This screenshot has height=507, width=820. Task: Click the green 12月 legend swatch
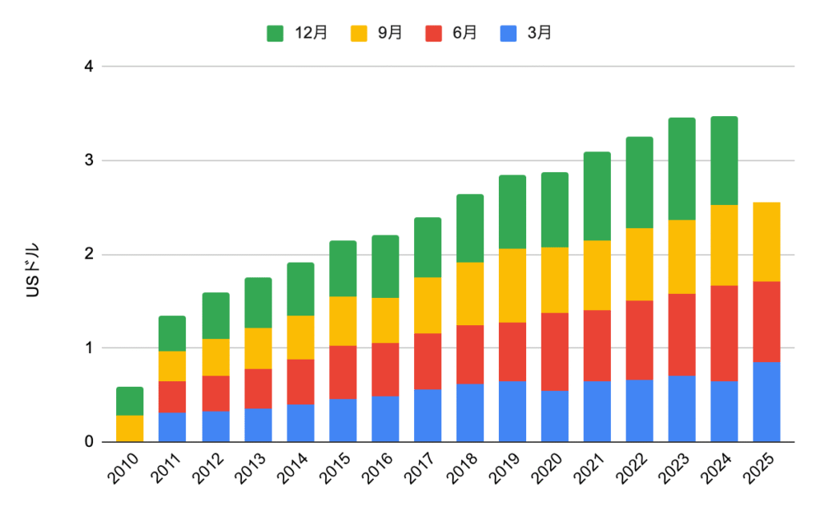[x=275, y=33]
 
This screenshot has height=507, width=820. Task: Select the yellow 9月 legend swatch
[x=360, y=33]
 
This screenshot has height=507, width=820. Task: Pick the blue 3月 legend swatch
[x=508, y=33]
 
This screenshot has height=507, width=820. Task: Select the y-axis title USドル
[x=34, y=269]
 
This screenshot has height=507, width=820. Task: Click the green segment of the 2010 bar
[x=130, y=401]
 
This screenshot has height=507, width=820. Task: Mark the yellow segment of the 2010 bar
[x=130, y=429]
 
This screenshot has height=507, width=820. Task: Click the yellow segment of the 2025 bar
[x=766, y=242]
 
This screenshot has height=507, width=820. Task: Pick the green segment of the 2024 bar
[x=724, y=161]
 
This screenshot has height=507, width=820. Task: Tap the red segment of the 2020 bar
[x=554, y=352]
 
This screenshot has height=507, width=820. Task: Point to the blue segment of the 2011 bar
[x=172, y=427]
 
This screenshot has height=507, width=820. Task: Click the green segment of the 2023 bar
[x=681, y=169]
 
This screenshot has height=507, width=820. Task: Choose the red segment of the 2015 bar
[x=342, y=372]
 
